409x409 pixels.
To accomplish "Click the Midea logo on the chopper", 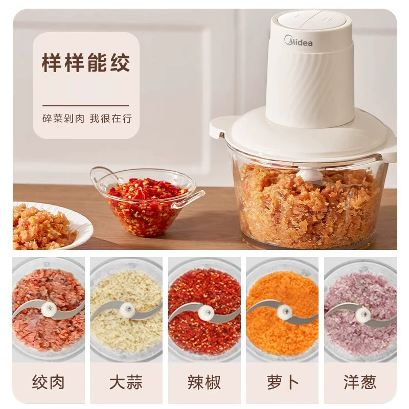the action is coord(298,41).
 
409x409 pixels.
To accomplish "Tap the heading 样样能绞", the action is coord(86,63).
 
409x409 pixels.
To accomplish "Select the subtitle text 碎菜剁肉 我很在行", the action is coord(87,119).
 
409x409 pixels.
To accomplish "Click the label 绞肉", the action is coord(48,382).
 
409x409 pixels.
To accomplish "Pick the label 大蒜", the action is coord(126,382).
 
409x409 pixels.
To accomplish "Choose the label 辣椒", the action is coord(204,382).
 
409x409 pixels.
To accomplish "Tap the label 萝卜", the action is coord(283,382).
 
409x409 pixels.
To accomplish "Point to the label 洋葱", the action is coord(360,382).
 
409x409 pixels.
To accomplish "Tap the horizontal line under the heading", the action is coord(85,106).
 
